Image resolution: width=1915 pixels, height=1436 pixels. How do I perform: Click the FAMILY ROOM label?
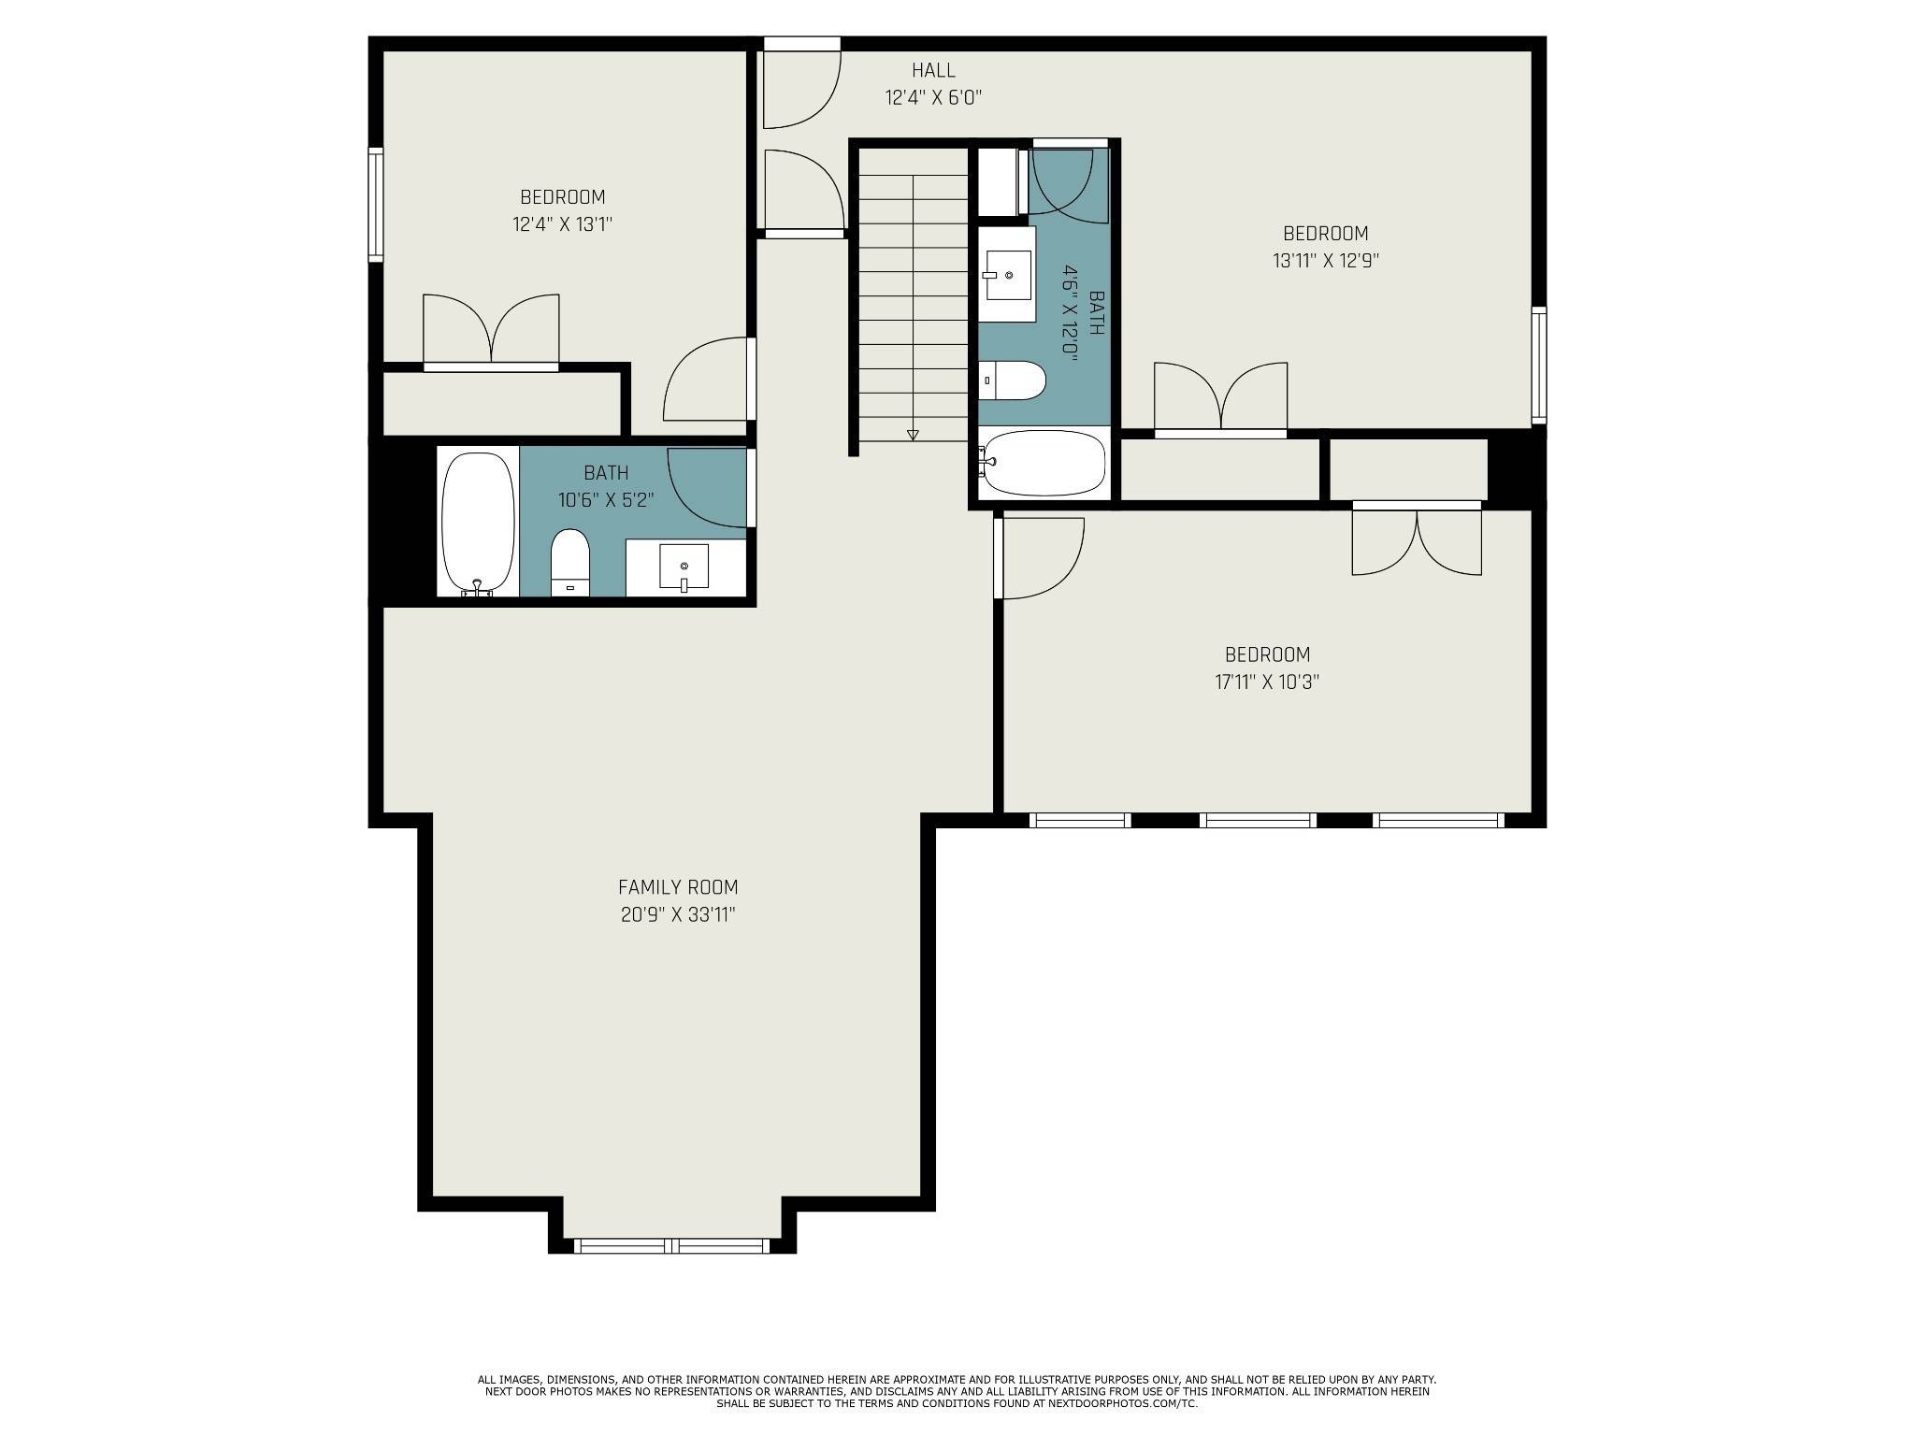tap(678, 887)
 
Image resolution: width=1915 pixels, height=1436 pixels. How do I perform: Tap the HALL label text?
tap(933, 70)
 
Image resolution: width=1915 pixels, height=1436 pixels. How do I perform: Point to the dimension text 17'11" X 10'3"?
tap(1267, 682)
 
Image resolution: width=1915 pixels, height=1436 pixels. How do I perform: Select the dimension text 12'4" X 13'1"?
tap(562, 224)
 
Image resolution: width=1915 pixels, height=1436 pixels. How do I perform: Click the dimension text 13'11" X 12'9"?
tap(1325, 261)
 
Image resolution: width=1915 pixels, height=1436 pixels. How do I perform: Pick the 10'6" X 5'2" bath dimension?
tap(606, 500)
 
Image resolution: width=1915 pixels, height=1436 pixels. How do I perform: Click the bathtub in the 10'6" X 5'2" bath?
tap(478, 524)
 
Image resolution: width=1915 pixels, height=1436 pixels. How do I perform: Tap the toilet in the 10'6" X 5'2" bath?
tap(570, 562)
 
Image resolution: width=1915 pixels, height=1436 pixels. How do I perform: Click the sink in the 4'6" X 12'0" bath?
tap(1008, 274)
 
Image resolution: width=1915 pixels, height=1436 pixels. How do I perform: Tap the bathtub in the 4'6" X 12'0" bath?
tap(1042, 462)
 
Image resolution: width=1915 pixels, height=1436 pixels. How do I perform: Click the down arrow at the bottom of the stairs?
tap(913, 434)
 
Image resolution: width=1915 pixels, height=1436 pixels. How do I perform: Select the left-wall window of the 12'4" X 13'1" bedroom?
tap(376, 204)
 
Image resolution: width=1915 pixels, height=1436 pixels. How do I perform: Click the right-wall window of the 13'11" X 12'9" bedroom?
tap(1538, 365)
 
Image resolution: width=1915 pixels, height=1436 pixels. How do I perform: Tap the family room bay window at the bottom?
tap(671, 1245)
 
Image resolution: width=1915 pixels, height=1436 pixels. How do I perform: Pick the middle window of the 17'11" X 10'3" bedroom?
tap(1258, 820)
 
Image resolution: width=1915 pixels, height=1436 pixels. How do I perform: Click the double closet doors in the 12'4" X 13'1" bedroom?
tap(491, 332)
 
